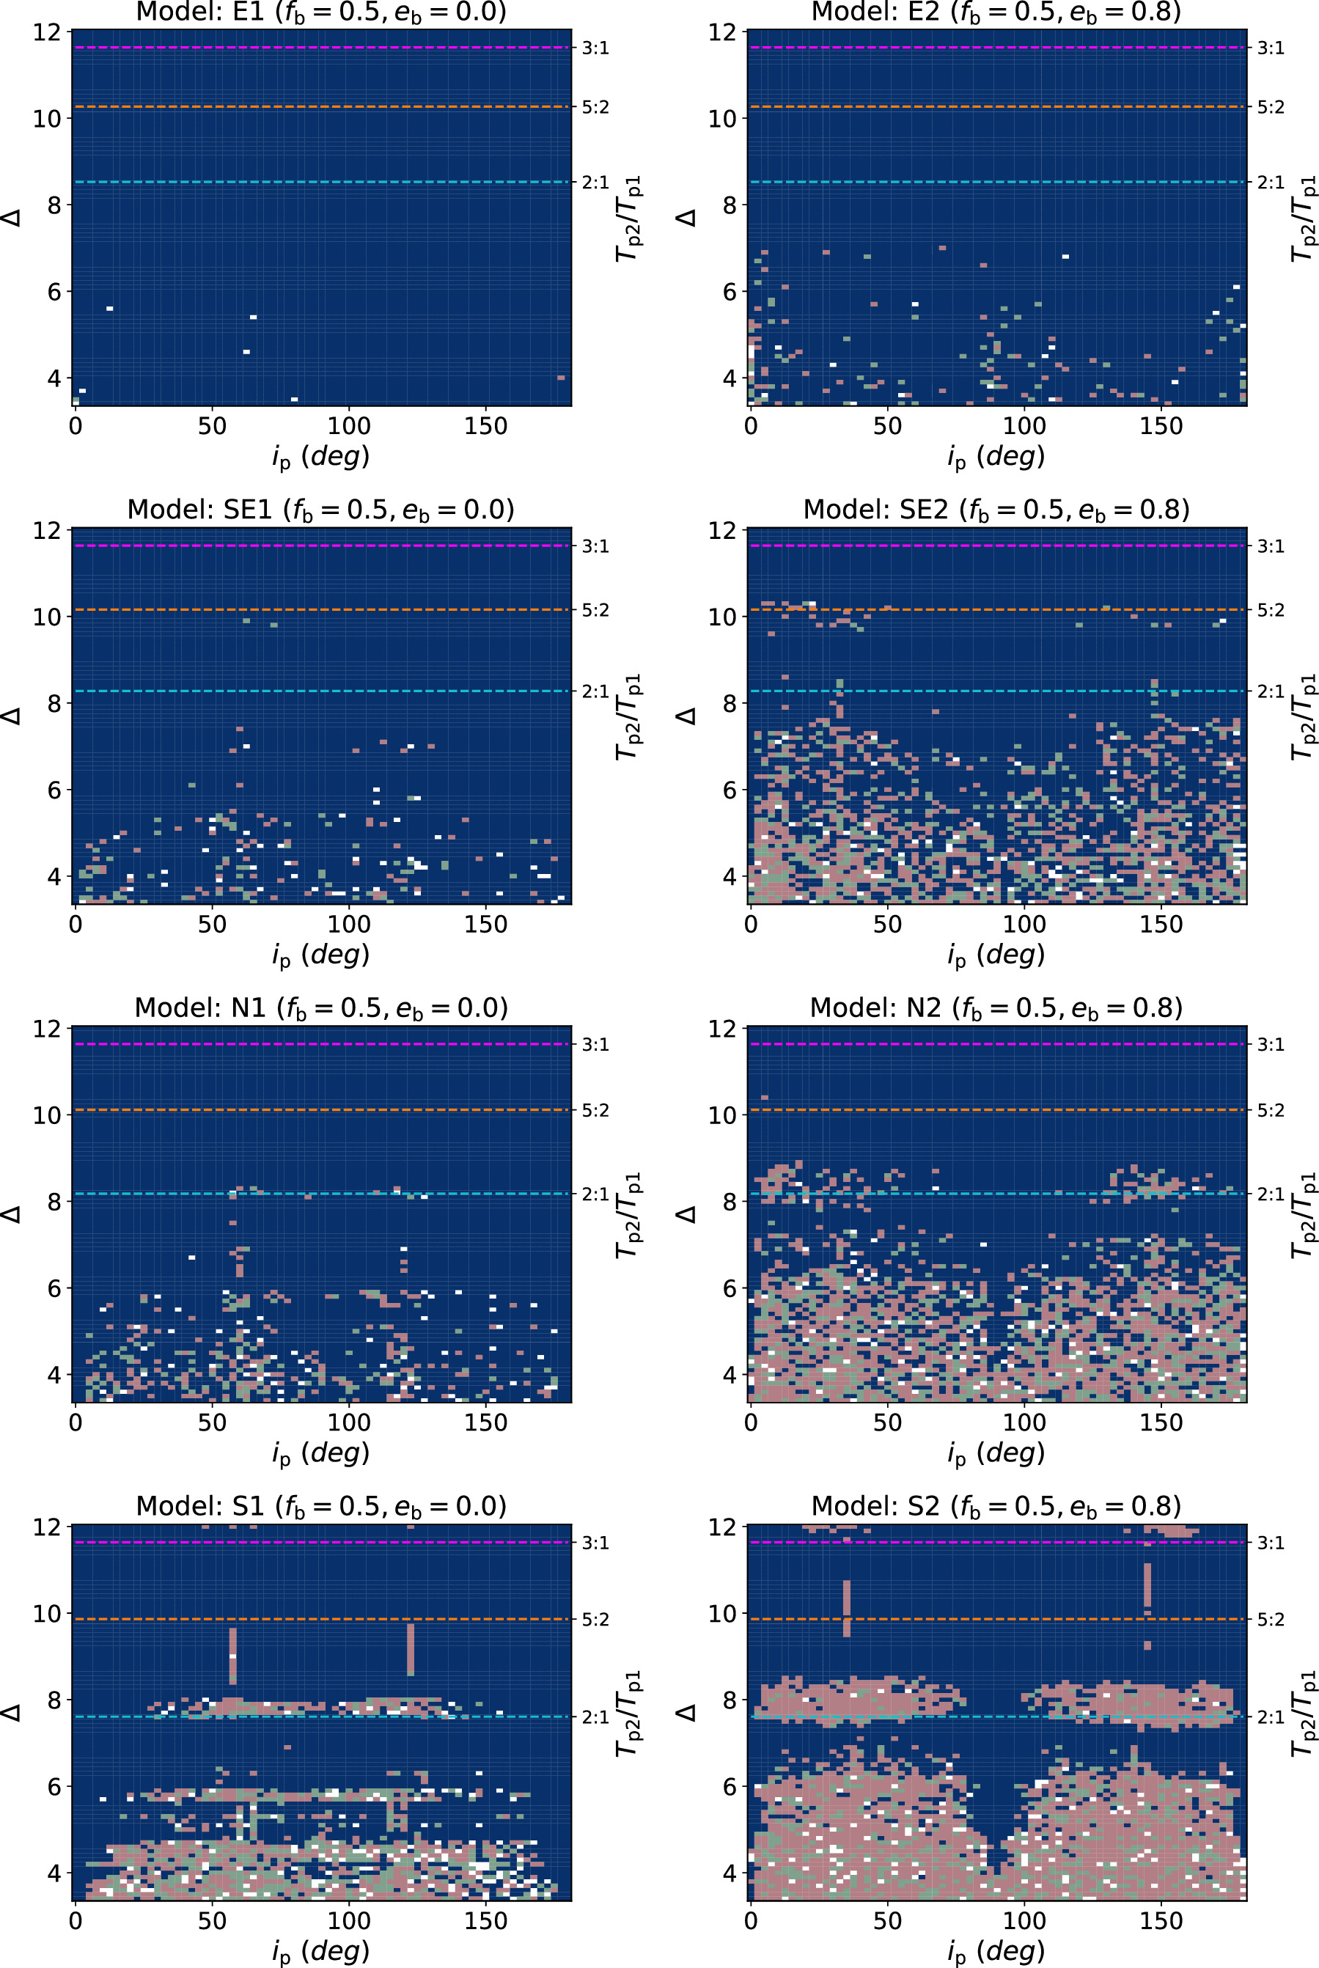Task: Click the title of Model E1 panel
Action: tap(321, 12)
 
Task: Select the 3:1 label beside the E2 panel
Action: tap(1270, 48)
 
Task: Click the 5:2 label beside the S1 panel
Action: tap(595, 1619)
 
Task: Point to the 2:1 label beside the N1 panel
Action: tap(595, 1194)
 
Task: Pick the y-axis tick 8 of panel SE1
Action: tap(54, 703)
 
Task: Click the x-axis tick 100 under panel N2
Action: tap(1024, 1423)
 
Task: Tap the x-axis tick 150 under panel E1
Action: tap(485, 427)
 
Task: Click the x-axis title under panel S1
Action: tap(321, 1951)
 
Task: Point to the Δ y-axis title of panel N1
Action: tap(12, 1214)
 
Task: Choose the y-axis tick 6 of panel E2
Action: tap(730, 292)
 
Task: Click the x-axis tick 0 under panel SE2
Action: tap(752, 925)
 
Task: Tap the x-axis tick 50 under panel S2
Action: tap(887, 1921)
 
